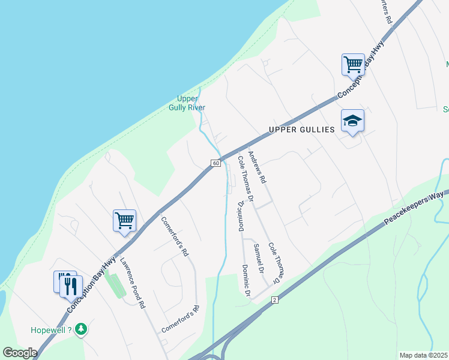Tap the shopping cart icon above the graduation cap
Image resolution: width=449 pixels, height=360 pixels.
pos(353,64)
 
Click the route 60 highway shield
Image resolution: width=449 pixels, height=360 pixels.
pos(215,163)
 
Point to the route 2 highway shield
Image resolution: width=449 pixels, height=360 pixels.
pos(274,299)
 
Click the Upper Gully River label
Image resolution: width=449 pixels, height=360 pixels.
pos(191,103)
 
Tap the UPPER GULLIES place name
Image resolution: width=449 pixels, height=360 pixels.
pos(301,130)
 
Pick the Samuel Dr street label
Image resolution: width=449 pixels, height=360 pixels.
pos(259,258)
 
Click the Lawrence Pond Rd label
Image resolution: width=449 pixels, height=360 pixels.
pos(132,283)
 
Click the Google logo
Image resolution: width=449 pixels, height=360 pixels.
pos(20,352)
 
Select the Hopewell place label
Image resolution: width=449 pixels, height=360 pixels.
pos(51,330)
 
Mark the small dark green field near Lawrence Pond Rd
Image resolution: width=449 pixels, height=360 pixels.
pos(115,285)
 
